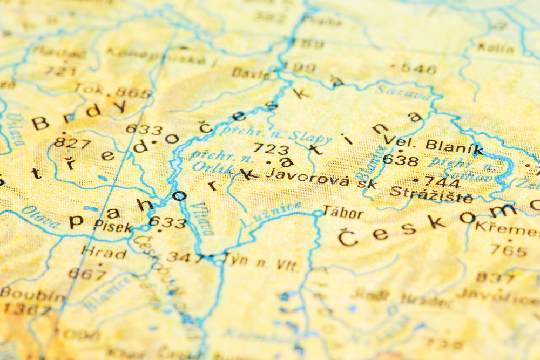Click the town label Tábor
[x=343, y=212]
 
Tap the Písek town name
[x=113, y=227]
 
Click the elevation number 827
[x=72, y=144]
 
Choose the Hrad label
[x=103, y=252]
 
